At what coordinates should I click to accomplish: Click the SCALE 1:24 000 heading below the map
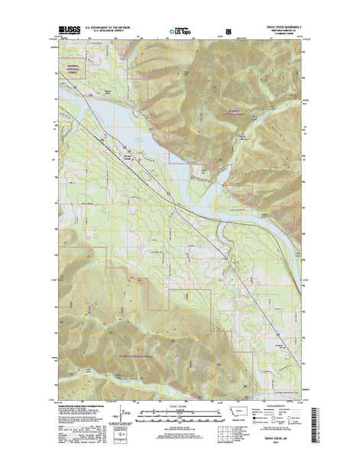coord(180,401)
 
